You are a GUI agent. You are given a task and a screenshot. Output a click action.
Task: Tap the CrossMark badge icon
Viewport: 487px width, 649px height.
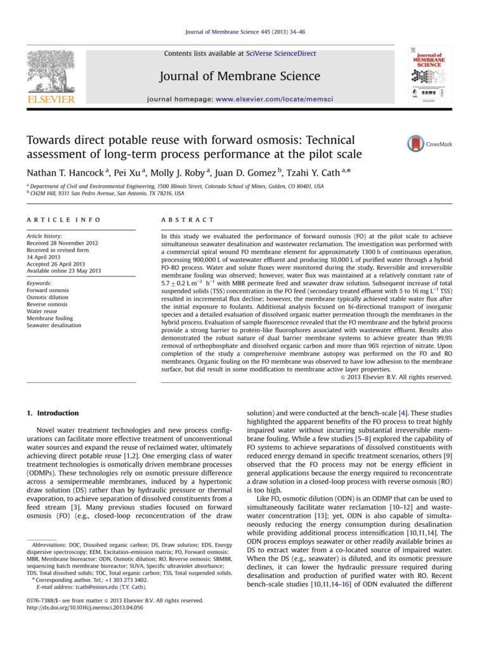415,143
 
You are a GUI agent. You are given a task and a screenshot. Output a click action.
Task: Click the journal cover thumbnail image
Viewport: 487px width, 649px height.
429,75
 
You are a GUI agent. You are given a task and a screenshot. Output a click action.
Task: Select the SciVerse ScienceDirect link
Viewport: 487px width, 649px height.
281,54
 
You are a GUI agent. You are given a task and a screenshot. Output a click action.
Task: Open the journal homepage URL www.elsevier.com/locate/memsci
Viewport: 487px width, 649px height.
275,100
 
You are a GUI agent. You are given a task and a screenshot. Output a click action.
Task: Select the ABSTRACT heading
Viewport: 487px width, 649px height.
188,220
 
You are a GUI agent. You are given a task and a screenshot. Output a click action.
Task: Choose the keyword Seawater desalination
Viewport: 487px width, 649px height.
54,326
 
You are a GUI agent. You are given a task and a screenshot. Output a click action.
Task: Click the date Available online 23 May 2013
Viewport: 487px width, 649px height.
63,271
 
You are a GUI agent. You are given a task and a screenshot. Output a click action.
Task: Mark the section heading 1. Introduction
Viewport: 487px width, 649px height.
53,413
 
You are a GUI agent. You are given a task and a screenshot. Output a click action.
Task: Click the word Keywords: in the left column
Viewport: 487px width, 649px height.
39,283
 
